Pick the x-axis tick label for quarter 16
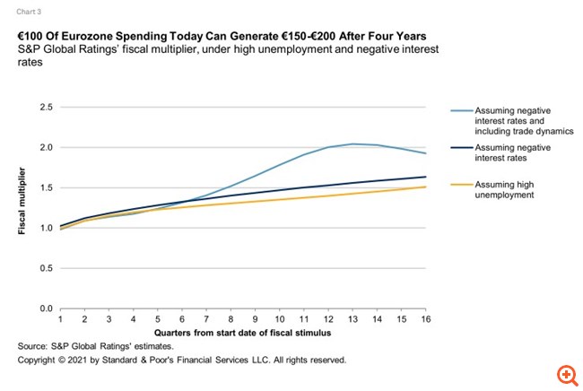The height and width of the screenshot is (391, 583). [425, 319]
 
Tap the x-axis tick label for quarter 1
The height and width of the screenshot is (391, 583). [60, 319]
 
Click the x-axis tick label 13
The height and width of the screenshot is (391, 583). [352, 319]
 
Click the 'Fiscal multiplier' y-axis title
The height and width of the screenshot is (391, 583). [21, 207]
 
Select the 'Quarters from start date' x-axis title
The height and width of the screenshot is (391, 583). [242, 333]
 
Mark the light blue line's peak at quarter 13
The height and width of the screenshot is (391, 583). [352, 143]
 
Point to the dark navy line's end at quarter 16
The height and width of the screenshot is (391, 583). [425, 177]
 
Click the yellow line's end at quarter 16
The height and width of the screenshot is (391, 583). [425, 187]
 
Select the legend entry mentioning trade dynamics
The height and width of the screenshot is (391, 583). [512, 121]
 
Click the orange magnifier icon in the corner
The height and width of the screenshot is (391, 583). [565, 373]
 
